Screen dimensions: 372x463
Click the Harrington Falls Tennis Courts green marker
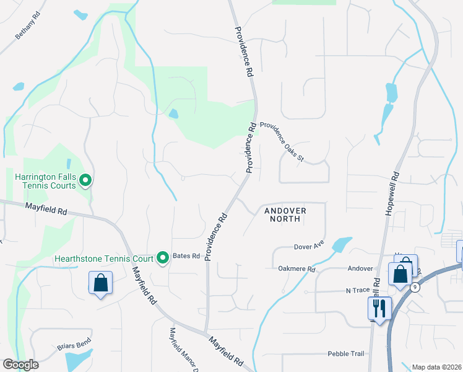click(x=87, y=181)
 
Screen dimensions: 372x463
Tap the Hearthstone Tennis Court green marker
click(x=163, y=257)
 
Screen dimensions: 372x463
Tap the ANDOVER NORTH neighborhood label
click(x=285, y=215)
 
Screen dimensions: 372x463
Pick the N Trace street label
click(x=357, y=290)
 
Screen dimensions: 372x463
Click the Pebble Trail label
click(x=345, y=353)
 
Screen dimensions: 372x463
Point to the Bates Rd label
click(x=186, y=256)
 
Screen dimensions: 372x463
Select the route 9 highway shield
click(x=414, y=287)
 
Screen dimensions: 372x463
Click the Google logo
click(x=20, y=365)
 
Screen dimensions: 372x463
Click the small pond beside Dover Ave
click(x=342, y=244)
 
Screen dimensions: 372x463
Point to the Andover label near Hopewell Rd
click(x=360, y=268)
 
